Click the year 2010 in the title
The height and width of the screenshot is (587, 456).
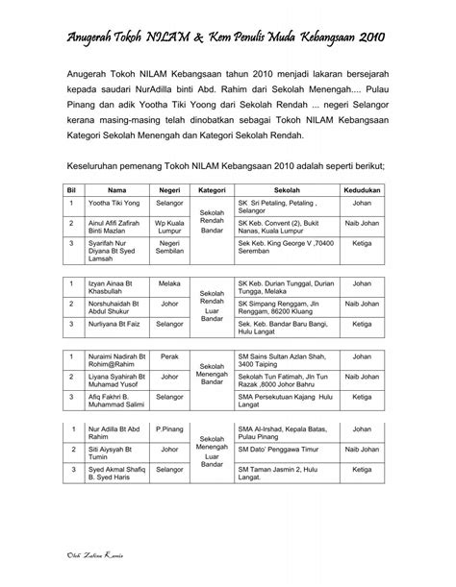coord(367,37)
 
